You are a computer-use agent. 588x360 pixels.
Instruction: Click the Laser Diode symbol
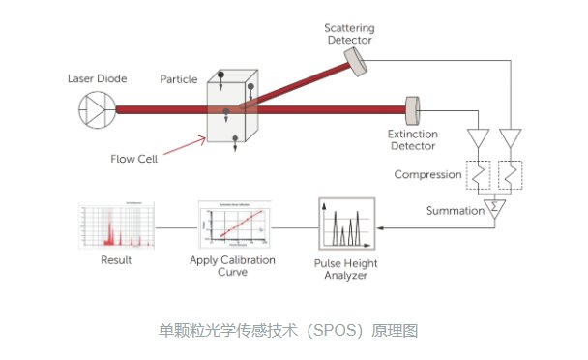pyautogui.click(x=94, y=110)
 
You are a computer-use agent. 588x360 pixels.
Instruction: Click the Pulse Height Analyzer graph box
pyautogui.click(x=345, y=228)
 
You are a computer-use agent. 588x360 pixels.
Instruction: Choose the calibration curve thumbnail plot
pyautogui.click(x=230, y=228)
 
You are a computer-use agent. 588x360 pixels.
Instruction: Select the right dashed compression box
pyautogui.click(x=512, y=175)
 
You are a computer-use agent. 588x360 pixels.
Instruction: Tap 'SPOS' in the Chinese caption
pyautogui.click(x=329, y=330)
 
